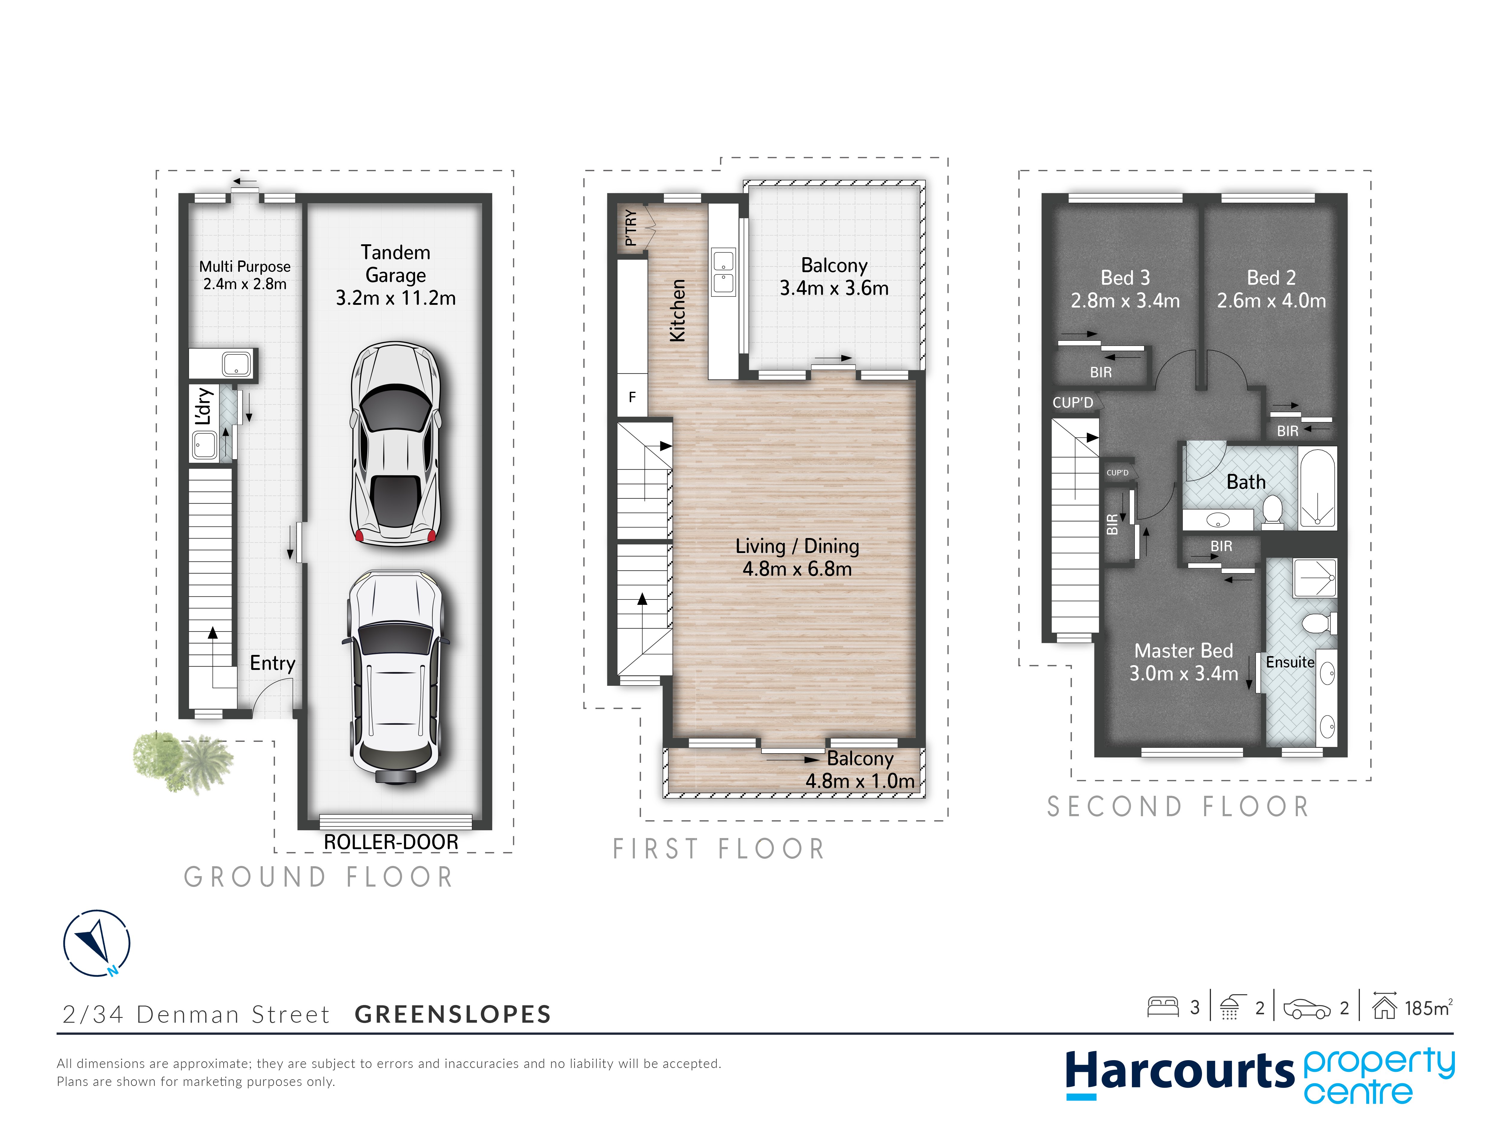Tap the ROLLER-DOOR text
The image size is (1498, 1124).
tap(391, 842)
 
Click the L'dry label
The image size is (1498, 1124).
tap(203, 406)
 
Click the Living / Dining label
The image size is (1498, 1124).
tap(797, 557)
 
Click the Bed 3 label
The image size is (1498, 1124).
tap(1125, 289)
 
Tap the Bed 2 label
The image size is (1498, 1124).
tap(1271, 289)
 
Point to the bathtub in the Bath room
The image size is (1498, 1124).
tap(1317, 488)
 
